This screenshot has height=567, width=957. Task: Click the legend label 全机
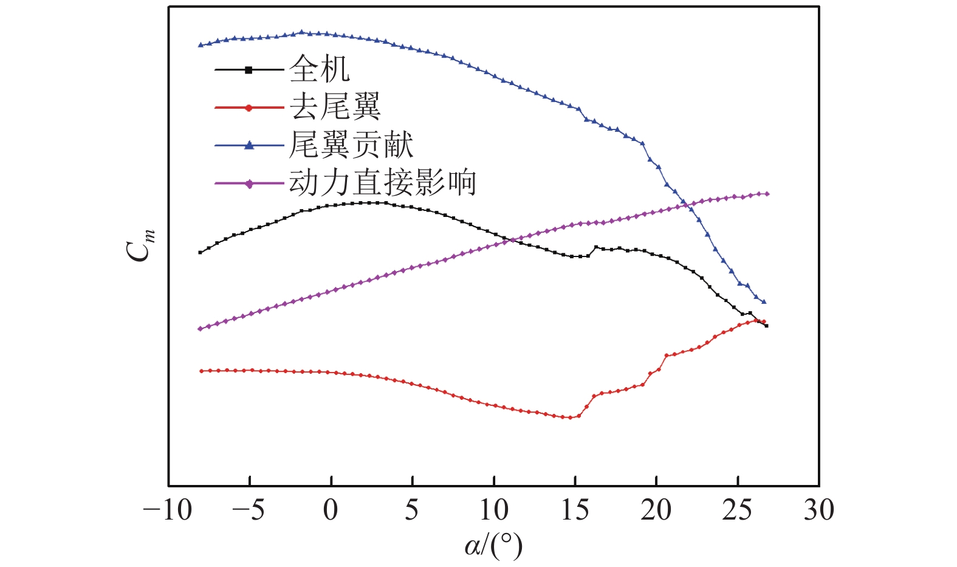click(319, 69)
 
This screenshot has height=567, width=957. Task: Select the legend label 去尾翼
click(335, 107)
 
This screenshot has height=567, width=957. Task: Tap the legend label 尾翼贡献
click(351, 145)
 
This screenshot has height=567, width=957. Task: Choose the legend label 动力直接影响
click(382, 182)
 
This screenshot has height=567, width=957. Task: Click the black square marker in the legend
click(249, 70)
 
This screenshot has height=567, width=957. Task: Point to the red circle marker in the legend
click(249, 108)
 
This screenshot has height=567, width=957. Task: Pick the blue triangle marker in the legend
click(249, 145)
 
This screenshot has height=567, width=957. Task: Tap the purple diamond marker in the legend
click(249, 184)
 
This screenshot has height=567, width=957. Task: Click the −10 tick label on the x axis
click(168, 510)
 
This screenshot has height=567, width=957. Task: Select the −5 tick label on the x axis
click(249, 510)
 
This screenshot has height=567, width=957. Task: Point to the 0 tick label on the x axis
click(331, 510)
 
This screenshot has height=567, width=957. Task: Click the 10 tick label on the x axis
click(493, 510)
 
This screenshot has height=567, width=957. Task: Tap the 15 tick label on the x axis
click(575, 510)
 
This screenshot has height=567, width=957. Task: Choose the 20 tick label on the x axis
click(656, 510)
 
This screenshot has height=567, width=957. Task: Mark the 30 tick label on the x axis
click(818, 510)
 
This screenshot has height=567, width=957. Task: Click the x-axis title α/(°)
click(493, 546)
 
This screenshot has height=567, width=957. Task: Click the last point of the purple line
click(767, 194)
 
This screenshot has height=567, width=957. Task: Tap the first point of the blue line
click(201, 45)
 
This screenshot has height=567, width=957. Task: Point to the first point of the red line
click(201, 371)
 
